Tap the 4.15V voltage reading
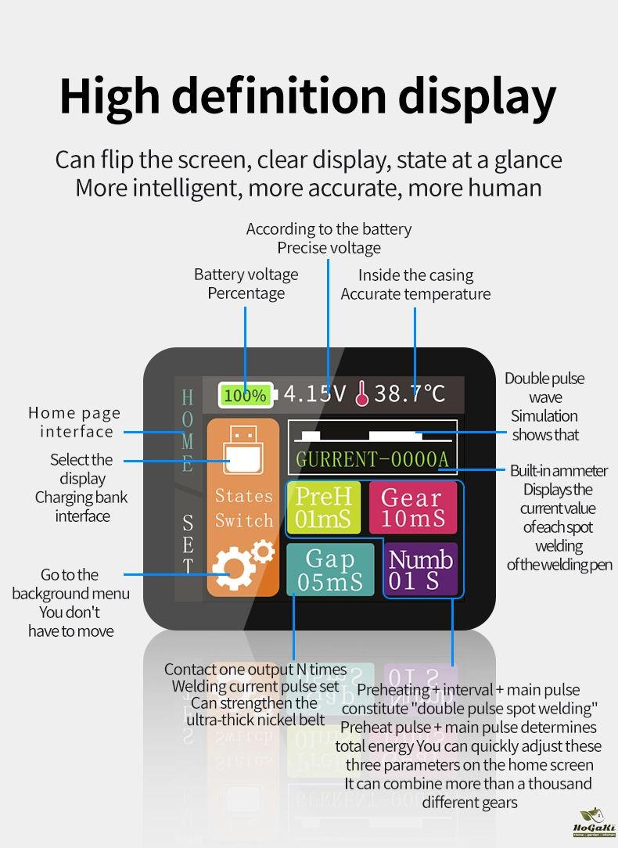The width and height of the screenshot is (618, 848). (314, 393)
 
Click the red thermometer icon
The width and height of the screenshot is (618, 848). (361, 394)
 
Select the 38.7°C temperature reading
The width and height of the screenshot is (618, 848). (409, 393)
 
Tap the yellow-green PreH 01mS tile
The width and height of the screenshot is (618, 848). (322, 507)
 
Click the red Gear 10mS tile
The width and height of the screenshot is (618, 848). (412, 507)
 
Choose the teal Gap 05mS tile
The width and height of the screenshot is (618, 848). (330, 570)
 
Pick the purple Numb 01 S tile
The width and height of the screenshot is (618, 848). (421, 570)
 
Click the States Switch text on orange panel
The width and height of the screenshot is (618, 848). (243, 508)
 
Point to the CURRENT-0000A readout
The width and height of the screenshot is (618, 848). (372, 459)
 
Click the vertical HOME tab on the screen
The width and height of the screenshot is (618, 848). (188, 431)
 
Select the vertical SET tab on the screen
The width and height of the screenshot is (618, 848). (188, 544)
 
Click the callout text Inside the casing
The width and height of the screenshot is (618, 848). (415, 275)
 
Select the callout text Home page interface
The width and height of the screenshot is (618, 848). (75, 422)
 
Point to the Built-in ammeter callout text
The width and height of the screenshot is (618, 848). (558, 471)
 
